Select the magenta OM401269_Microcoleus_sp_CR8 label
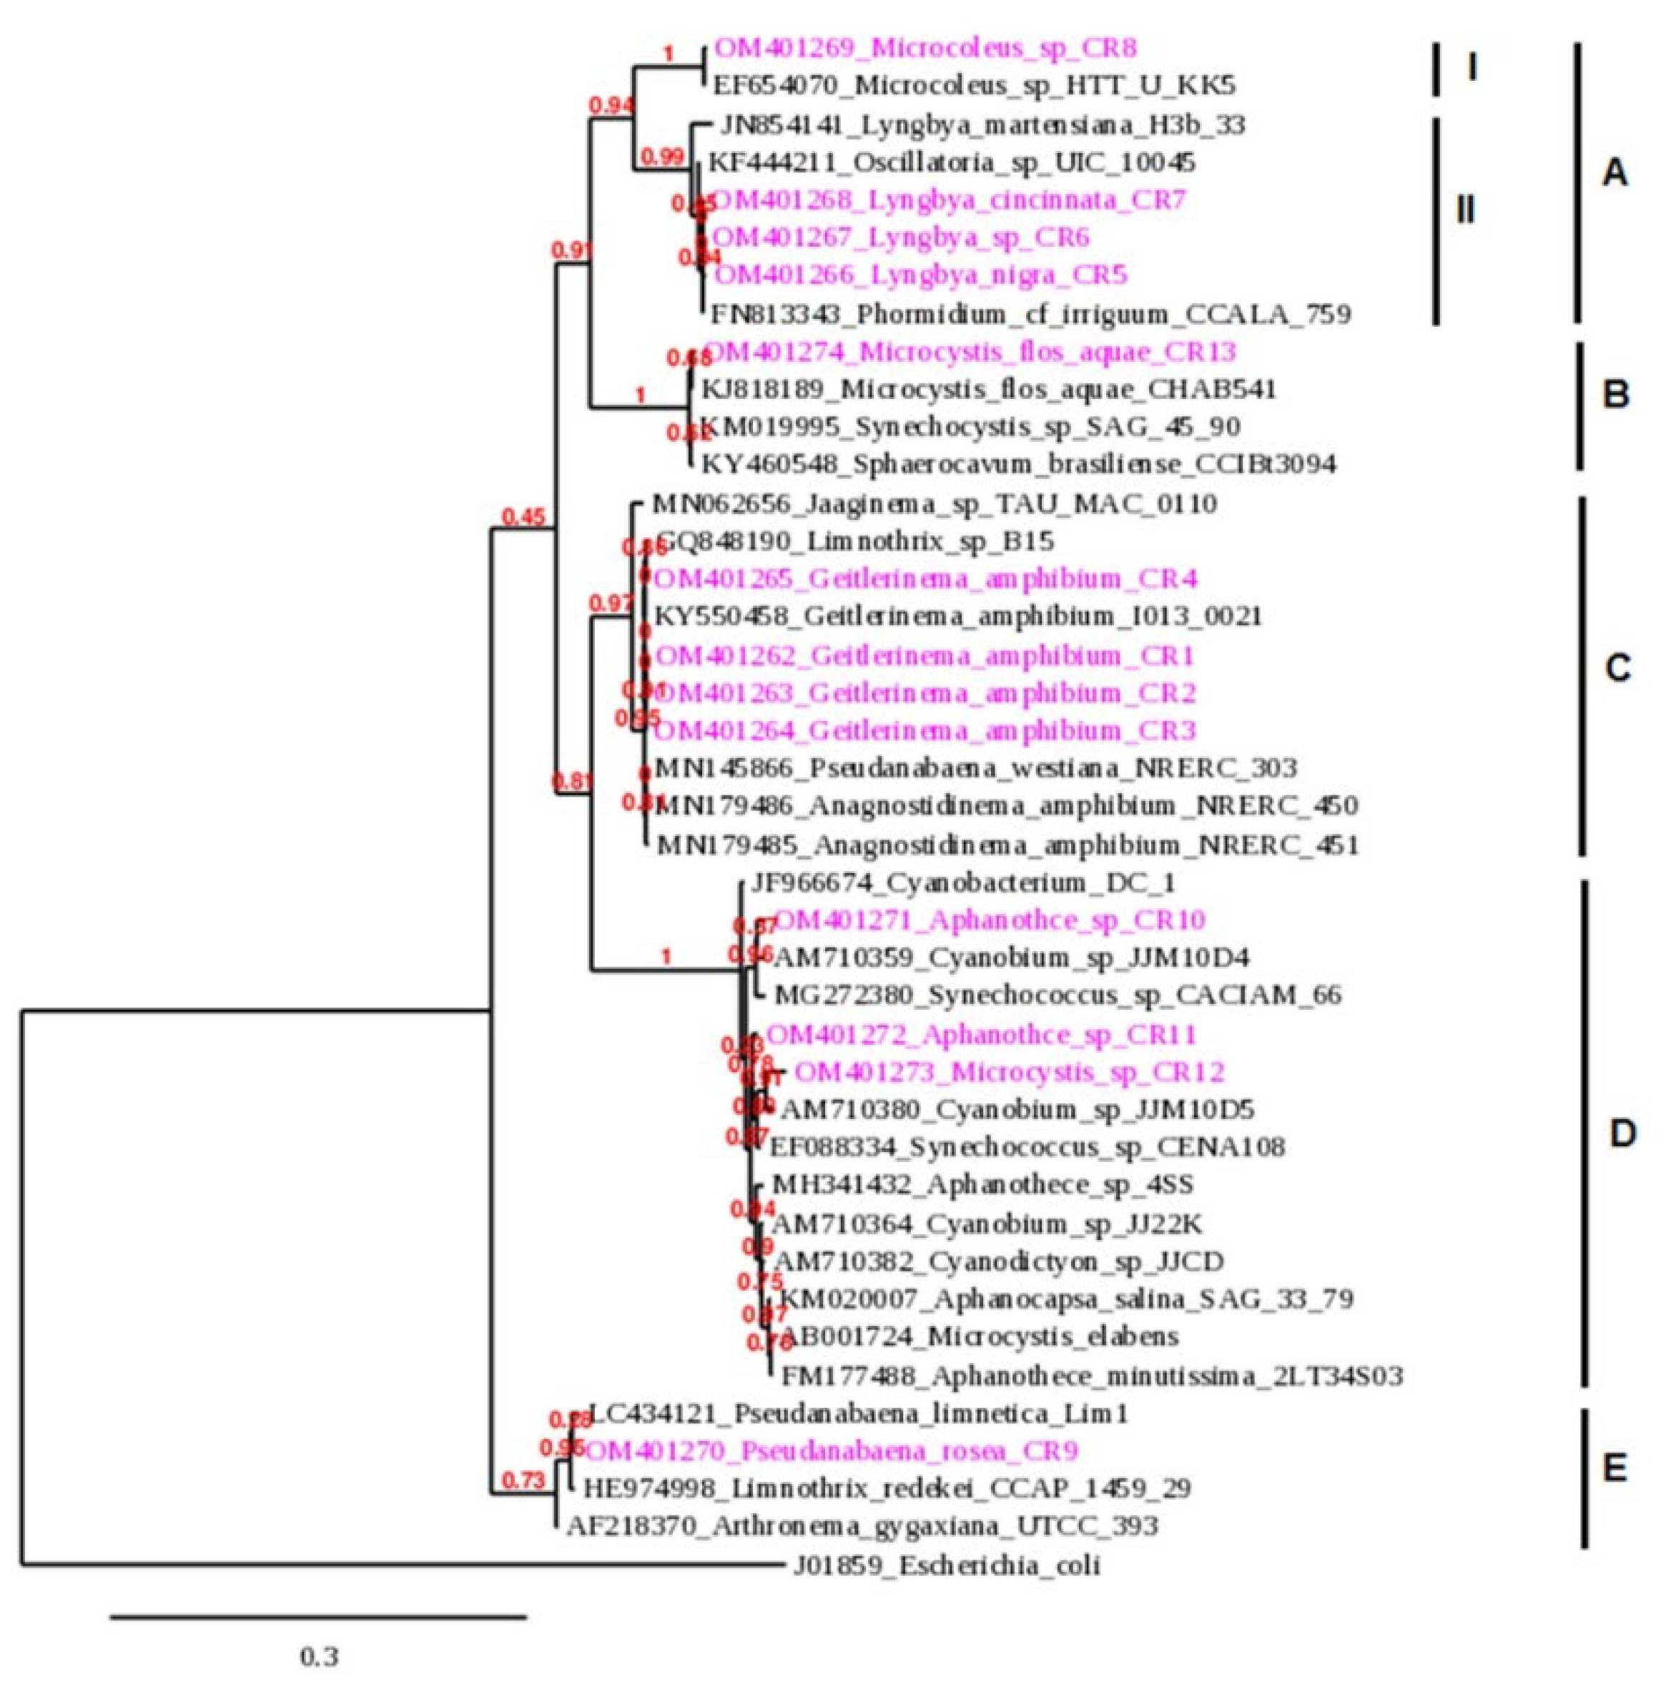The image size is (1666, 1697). point(925,47)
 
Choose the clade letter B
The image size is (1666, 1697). point(1615,395)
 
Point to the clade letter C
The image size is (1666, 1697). point(1617,669)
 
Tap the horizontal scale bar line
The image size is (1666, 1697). point(318,1618)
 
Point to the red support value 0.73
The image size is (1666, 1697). point(523,1480)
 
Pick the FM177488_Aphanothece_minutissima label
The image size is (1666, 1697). point(1091,1377)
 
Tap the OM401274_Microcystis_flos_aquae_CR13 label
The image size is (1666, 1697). point(970,352)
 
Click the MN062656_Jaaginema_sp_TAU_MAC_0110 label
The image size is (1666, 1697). point(934,504)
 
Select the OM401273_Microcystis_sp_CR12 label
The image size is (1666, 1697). point(1009,1072)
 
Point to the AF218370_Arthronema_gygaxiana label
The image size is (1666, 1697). point(862,1525)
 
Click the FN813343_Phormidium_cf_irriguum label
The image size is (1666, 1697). point(1030,313)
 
